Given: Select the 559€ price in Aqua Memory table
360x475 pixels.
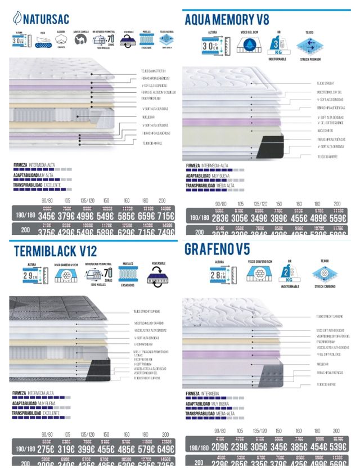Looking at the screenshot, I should (x=337, y=218).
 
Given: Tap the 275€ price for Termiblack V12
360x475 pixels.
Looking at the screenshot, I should (x=47, y=450).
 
